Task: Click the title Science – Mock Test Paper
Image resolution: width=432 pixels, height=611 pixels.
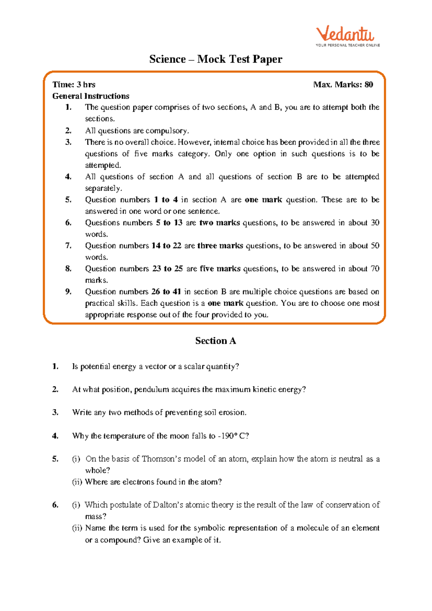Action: tap(216, 59)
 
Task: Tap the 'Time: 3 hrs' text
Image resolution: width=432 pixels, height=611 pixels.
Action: tap(74, 85)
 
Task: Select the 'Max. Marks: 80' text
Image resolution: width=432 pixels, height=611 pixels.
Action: tap(343, 85)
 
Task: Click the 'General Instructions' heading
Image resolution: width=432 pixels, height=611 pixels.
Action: tap(91, 96)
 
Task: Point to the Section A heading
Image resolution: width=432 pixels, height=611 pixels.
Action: tap(215, 341)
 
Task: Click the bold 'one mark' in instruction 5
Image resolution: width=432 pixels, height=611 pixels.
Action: tap(263, 200)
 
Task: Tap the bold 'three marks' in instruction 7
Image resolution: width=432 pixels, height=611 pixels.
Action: tap(220, 246)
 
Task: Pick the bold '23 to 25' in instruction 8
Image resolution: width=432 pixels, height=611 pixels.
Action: tap(167, 269)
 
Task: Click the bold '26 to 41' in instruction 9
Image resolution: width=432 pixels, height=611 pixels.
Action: tap(166, 292)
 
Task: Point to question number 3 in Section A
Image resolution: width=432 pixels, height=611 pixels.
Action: tap(55, 412)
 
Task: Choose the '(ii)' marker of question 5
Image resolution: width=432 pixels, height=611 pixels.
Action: tap(77, 482)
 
